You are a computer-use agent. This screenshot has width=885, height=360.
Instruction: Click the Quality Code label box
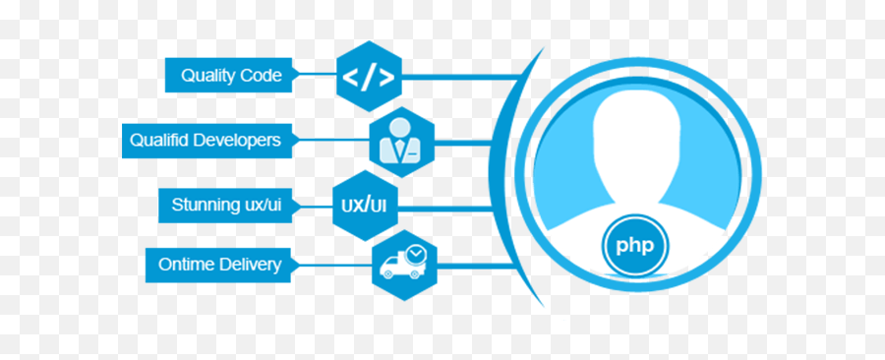coord(230,75)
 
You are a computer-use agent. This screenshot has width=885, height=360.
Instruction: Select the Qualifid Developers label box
coord(206,140)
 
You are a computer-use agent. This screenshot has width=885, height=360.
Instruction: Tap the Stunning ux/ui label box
coord(226,205)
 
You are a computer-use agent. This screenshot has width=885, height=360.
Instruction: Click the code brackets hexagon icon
coord(369,77)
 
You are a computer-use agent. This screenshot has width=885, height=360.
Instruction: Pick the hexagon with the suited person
coord(400,141)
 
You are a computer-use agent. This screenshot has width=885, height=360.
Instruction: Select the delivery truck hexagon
coord(403,264)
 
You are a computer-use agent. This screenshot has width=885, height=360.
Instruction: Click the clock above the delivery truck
coord(417,254)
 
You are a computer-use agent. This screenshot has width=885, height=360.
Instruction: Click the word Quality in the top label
coord(206,75)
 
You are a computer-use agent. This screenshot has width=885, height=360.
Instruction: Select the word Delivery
coord(250,264)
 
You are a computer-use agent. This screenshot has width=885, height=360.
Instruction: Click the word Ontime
coord(187,264)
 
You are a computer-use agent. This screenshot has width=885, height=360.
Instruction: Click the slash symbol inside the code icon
coord(369,77)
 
